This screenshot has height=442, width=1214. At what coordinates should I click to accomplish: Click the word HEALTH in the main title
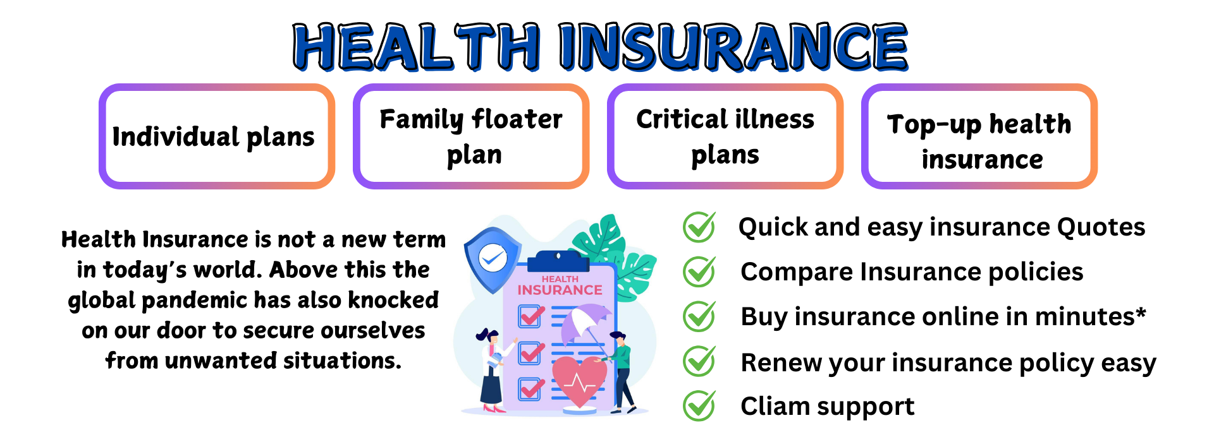click(x=417, y=46)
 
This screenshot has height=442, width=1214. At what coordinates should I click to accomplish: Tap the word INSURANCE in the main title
click(x=733, y=46)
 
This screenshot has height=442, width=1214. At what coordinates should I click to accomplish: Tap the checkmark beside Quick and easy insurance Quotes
click(x=699, y=227)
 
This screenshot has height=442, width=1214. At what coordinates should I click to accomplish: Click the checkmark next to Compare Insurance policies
click(x=699, y=272)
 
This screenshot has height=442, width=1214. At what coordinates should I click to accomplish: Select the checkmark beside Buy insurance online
click(x=699, y=316)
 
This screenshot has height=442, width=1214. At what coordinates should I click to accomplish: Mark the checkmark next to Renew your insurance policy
click(x=699, y=361)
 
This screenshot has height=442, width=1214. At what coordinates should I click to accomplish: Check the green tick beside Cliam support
click(x=699, y=406)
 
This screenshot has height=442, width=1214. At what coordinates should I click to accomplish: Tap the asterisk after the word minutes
click(x=1141, y=312)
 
